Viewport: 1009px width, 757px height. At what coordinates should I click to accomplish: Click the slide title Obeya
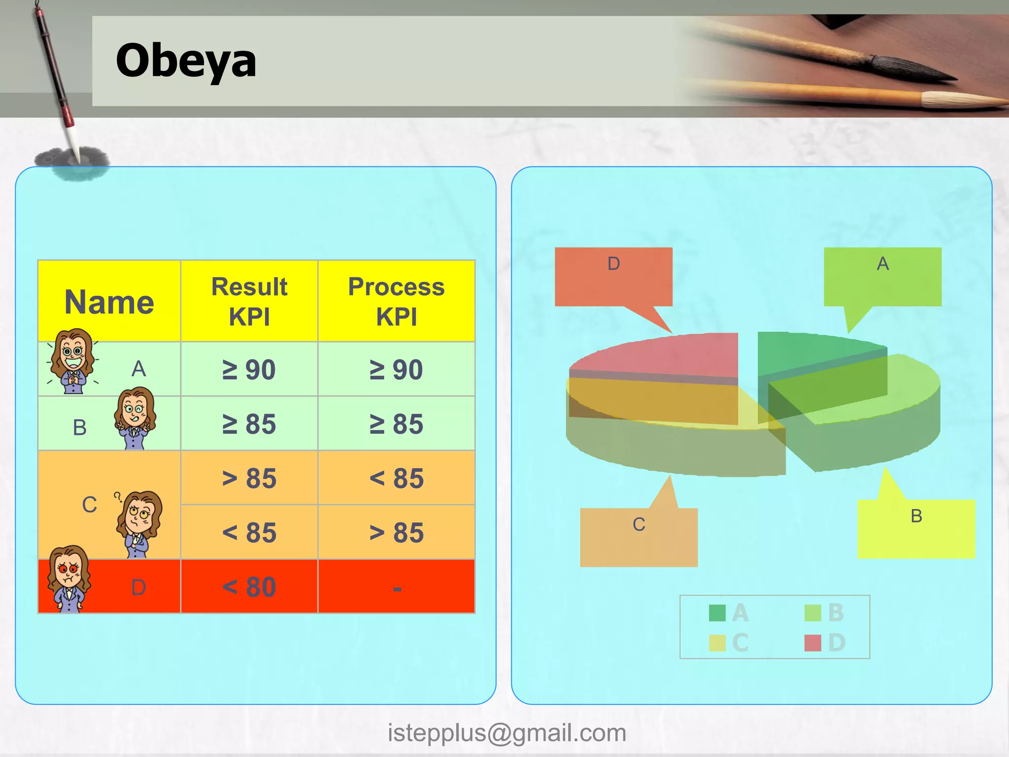186,61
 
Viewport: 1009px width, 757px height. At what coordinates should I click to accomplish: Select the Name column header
109,302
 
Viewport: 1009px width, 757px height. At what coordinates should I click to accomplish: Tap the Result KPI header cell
249,301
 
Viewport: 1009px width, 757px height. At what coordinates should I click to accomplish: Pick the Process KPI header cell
396,301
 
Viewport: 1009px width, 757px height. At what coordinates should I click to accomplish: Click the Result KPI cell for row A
249,370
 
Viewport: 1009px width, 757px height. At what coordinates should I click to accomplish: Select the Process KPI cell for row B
396,424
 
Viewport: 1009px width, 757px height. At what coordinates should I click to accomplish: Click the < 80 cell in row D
249,586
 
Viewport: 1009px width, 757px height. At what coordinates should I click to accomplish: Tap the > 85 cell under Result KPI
249,478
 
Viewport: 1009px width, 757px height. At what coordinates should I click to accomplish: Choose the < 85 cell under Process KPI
396,478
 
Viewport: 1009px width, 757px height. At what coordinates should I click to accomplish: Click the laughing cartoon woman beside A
73,361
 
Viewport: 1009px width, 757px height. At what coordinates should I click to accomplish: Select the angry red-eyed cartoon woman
69,579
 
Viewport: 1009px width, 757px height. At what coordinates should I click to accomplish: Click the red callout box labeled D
613,277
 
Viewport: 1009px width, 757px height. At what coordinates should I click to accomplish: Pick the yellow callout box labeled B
916,529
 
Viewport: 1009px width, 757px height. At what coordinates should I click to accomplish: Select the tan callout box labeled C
639,537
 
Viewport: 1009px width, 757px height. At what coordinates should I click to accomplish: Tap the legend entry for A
729,613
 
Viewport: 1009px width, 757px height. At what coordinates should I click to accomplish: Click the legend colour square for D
812,643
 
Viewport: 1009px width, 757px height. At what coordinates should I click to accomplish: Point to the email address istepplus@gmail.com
506,733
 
